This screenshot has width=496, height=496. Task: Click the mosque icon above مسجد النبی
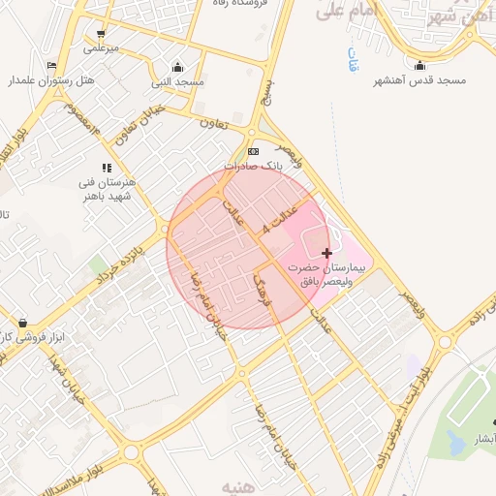click(x=177, y=68)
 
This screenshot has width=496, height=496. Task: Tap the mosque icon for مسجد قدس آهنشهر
click(x=419, y=66)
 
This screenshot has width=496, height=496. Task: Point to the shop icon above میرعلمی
click(x=101, y=33)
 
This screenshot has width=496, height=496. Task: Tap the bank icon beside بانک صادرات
click(x=254, y=151)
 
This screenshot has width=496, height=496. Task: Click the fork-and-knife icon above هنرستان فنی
click(x=107, y=168)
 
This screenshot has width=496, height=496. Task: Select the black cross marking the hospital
click(x=326, y=252)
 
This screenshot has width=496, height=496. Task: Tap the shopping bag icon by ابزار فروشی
click(x=21, y=323)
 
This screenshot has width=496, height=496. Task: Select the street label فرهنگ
click(x=263, y=291)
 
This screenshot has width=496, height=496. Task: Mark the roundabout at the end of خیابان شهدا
click(x=131, y=452)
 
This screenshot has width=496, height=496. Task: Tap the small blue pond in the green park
click(x=453, y=441)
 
